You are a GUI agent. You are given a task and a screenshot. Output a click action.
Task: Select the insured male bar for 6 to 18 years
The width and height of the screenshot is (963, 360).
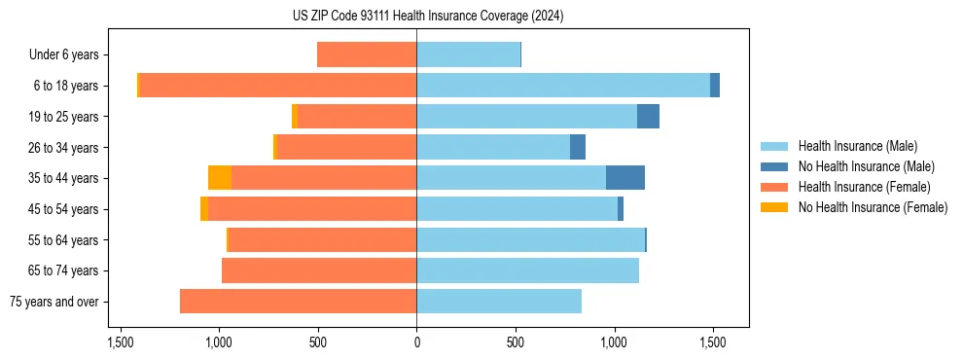(563, 86)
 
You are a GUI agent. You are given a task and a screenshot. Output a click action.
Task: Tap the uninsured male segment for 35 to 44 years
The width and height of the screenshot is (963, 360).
(624, 178)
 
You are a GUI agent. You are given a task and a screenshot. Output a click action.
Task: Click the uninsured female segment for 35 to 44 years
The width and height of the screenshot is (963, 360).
(220, 178)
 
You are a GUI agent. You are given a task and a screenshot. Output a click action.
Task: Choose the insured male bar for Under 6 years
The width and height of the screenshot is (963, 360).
(468, 54)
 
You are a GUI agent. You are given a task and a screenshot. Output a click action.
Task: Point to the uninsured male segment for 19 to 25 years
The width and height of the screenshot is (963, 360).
(648, 117)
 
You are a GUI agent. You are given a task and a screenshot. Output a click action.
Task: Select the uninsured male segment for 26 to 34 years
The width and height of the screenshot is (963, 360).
(578, 147)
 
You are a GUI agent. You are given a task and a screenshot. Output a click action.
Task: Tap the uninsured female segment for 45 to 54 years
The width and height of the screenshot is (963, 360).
(204, 209)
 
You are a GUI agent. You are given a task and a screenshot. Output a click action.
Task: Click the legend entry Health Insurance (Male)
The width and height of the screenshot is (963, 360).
(857, 146)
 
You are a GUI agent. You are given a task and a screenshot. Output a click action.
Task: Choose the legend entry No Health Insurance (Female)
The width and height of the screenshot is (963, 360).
(873, 207)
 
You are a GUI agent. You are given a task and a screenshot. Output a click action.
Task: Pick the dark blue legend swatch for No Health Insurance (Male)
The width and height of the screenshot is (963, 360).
(774, 166)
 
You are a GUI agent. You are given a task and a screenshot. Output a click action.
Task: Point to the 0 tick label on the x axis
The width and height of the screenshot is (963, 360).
(416, 343)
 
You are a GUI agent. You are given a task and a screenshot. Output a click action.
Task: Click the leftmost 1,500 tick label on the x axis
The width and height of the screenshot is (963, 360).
(121, 343)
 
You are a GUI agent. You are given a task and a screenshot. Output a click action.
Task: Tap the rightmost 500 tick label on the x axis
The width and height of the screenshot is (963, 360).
(516, 343)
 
